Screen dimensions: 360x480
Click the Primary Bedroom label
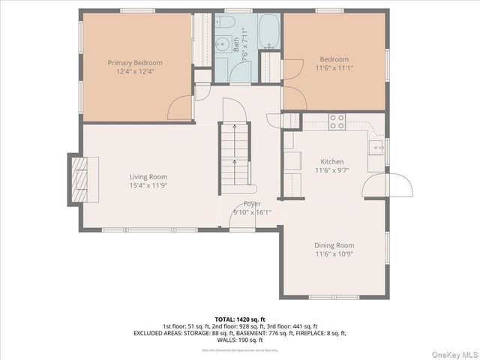tap(135, 63)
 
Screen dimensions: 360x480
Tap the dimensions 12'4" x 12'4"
tap(135, 72)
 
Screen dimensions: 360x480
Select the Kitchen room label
tap(332, 162)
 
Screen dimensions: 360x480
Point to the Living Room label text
tap(148, 176)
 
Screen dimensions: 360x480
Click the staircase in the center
tap(234, 154)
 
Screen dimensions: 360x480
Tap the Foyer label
tap(252, 204)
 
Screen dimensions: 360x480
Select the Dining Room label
tap(334, 245)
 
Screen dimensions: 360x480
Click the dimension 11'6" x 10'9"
tap(334, 254)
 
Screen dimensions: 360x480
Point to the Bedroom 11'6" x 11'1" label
tap(334, 64)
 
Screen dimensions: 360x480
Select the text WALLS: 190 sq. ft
tap(239, 338)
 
